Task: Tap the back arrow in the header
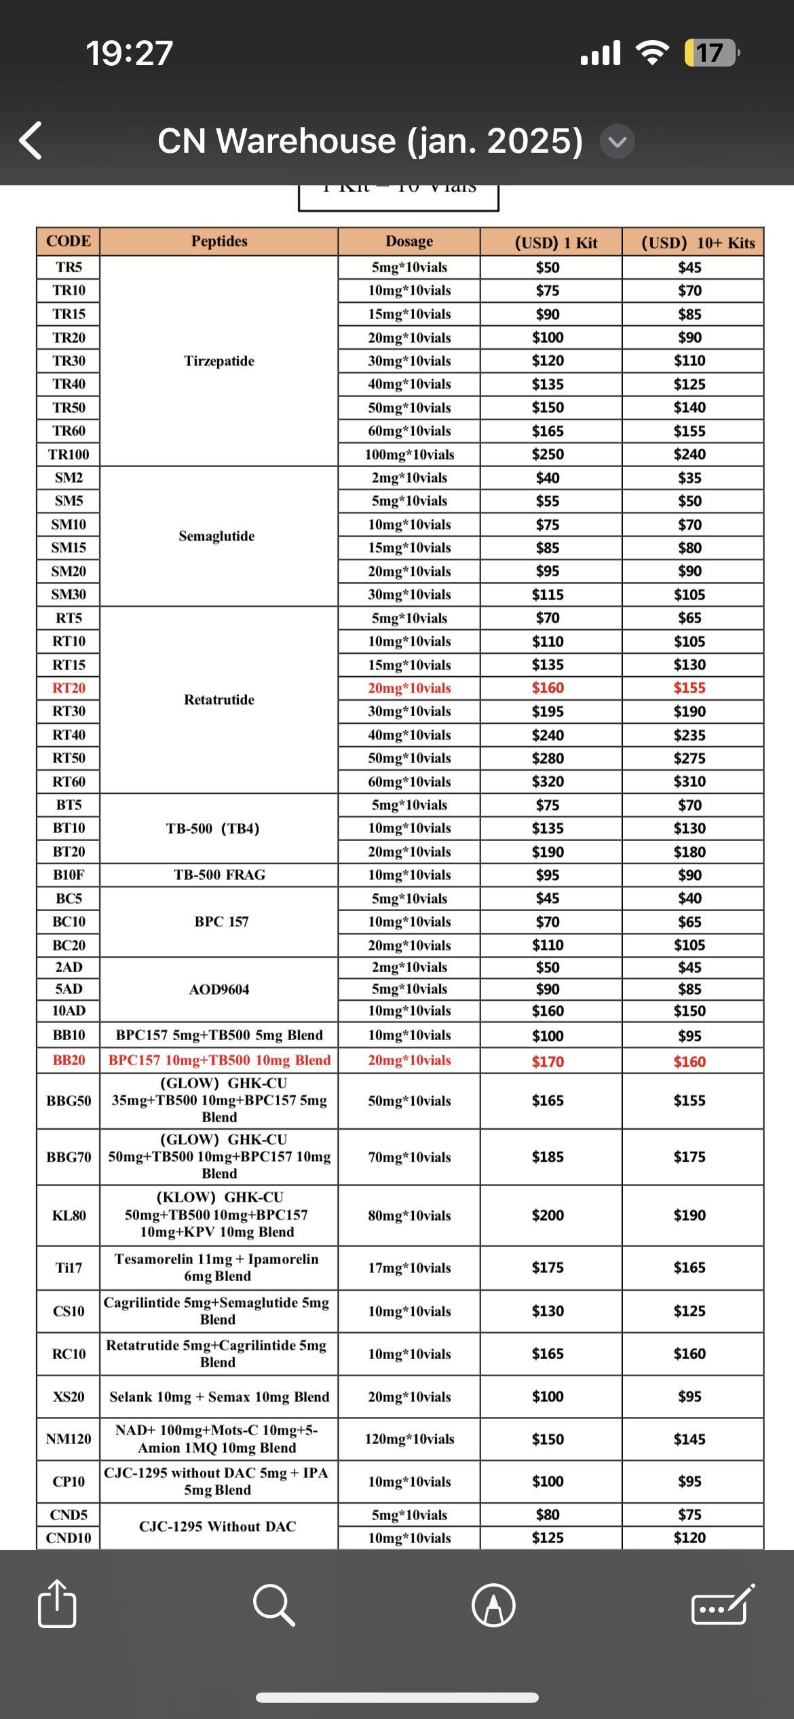(31, 141)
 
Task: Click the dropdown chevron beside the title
(617, 142)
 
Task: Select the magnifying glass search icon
(273, 1605)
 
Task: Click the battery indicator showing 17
(710, 53)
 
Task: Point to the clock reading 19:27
(130, 53)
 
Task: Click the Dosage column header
(409, 242)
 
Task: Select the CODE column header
(69, 242)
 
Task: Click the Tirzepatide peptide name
(219, 361)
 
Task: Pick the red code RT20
(69, 688)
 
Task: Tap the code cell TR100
(69, 454)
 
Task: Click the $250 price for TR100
(548, 454)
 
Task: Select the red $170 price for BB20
(548, 1061)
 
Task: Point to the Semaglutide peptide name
(217, 536)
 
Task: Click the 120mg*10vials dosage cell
(409, 1439)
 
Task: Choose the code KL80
(69, 1215)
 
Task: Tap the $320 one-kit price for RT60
(548, 781)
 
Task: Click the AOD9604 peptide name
(219, 989)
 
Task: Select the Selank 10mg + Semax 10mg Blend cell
(219, 1397)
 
